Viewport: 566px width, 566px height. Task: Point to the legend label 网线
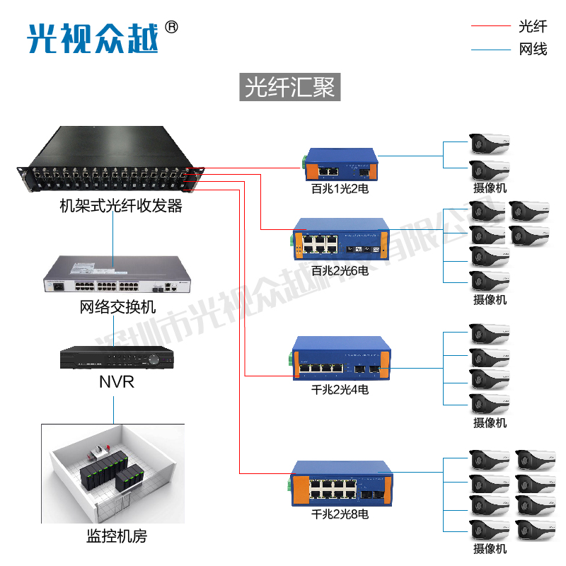[533, 49]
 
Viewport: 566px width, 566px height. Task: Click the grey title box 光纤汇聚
[290, 88]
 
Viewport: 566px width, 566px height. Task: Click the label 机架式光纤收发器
[120, 206]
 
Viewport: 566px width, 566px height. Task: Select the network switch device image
[113, 277]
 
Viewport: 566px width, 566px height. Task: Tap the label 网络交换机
[117, 308]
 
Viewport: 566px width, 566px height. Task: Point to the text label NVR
[116, 383]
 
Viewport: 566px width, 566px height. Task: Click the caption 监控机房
[116, 536]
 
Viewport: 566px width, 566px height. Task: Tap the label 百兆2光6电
[340, 270]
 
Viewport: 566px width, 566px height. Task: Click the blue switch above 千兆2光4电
[340, 361]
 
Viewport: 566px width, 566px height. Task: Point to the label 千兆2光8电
[340, 514]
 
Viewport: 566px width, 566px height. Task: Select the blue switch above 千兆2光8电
[340, 484]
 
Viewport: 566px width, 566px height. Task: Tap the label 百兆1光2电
[340, 190]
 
